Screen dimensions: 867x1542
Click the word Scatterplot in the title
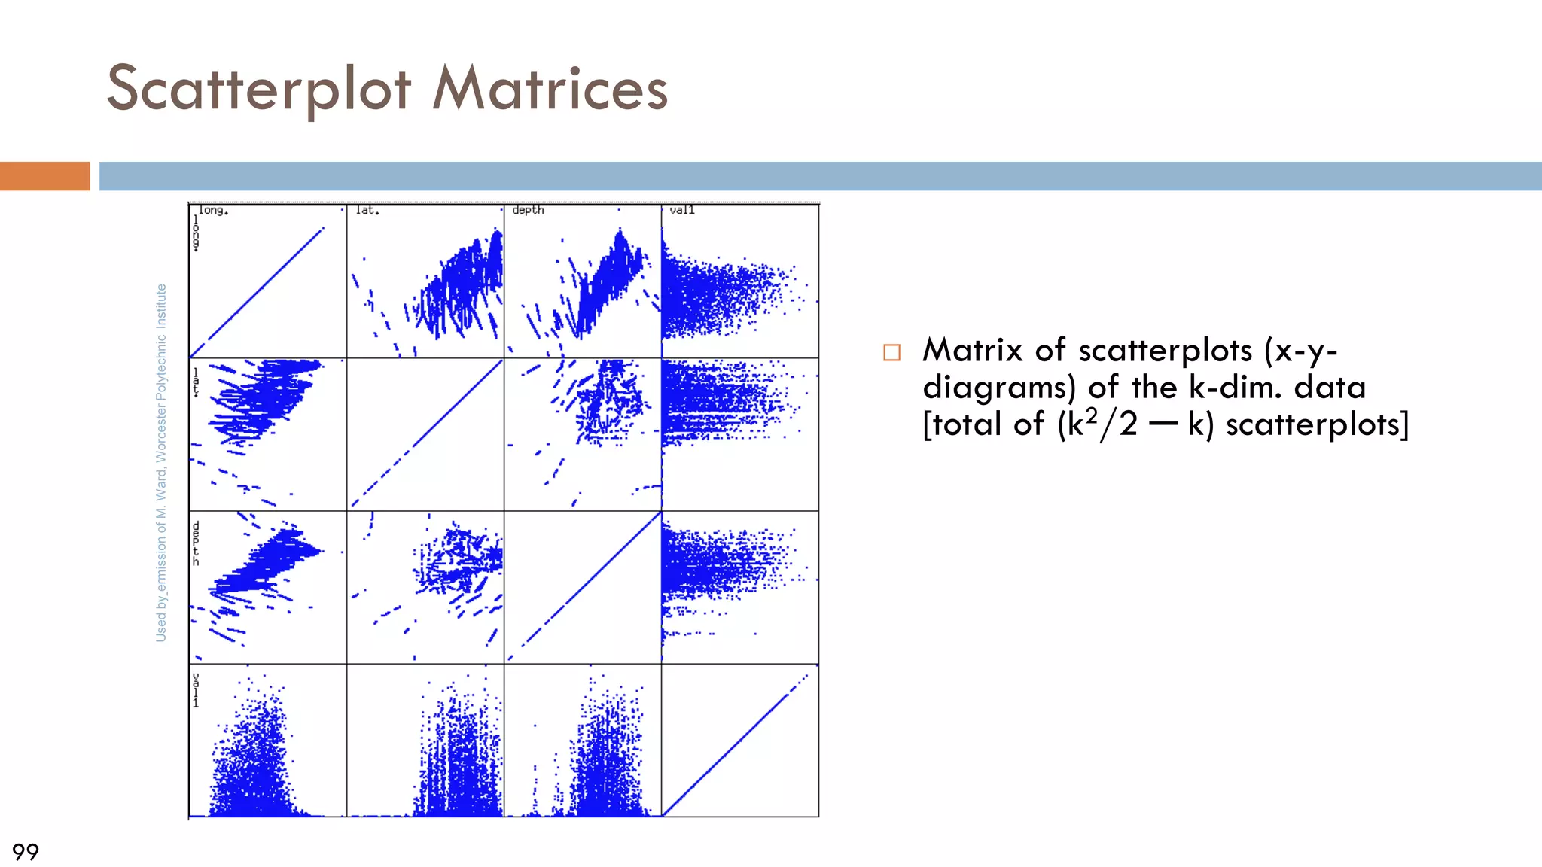click(x=259, y=89)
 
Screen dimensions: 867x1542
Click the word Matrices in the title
click(x=550, y=89)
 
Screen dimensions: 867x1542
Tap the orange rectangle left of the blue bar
click(x=44, y=176)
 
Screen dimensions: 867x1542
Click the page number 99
click(x=25, y=851)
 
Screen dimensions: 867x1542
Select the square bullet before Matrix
click(x=891, y=352)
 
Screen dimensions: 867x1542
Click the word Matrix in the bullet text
click(x=972, y=350)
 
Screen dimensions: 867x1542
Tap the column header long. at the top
click(x=213, y=211)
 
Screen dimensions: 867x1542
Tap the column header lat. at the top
click(x=367, y=211)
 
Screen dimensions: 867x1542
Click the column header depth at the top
click(x=528, y=210)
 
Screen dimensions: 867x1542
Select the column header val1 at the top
click(x=682, y=210)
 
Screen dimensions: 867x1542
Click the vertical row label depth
click(x=196, y=543)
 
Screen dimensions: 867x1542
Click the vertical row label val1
click(x=196, y=690)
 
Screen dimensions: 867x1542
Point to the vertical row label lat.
click(x=196, y=382)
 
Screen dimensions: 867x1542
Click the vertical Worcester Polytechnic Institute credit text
click(x=161, y=463)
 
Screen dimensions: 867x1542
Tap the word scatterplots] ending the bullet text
click(x=1317, y=424)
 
